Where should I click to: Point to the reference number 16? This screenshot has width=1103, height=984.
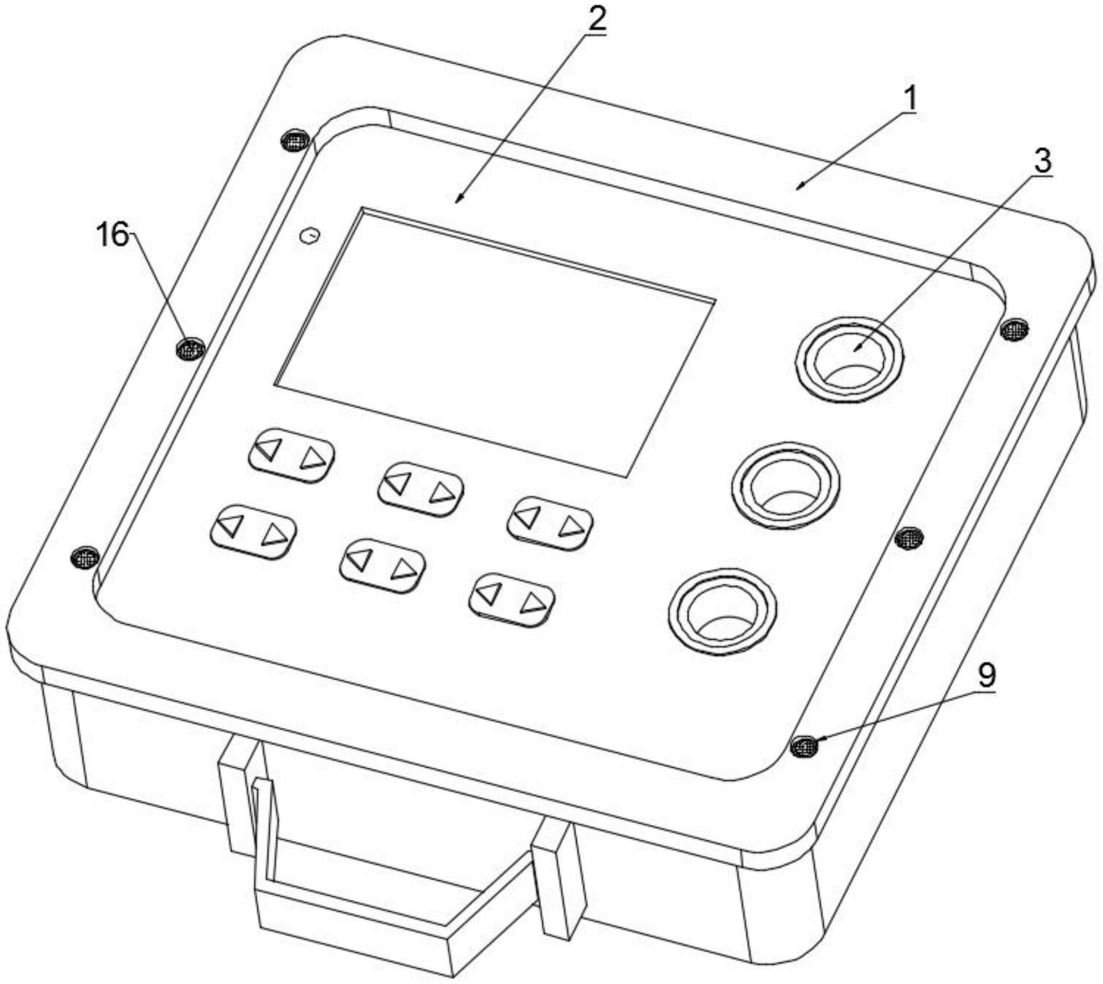[x=113, y=235]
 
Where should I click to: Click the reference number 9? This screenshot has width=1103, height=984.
[x=987, y=676]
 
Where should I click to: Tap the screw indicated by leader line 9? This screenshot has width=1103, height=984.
[x=805, y=746]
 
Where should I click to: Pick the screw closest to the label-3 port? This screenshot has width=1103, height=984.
[x=1014, y=329]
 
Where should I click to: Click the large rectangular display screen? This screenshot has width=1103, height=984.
[x=495, y=342]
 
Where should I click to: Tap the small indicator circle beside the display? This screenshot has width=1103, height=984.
[x=310, y=236]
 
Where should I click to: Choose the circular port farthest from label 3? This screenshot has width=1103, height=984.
[x=723, y=610]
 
